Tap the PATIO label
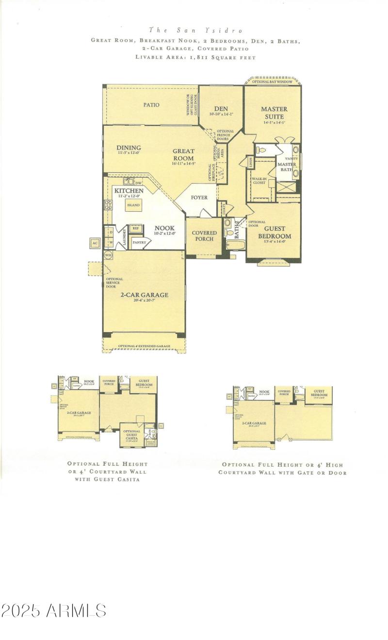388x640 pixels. pyautogui.click(x=151, y=104)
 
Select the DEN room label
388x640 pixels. pyautogui.click(x=221, y=109)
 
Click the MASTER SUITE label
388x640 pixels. pyautogui.click(x=274, y=113)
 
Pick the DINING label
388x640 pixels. pyautogui.click(x=129, y=148)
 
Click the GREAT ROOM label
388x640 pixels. pyautogui.click(x=183, y=154)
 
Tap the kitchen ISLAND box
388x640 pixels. pyautogui.click(x=133, y=205)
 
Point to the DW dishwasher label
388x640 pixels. pyautogui.click(x=138, y=183)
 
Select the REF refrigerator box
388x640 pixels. pyautogui.click(x=135, y=228)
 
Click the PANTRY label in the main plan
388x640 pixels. pyautogui.click(x=139, y=242)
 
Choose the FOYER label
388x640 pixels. pyautogui.click(x=199, y=198)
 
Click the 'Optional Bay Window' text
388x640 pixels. pyautogui.click(x=272, y=82)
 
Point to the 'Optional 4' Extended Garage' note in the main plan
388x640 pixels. pyautogui.click(x=144, y=346)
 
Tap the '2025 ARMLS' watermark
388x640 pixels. pyautogui.click(x=54, y=611)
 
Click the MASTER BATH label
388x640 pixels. pyautogui.click(x=287, y=167)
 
